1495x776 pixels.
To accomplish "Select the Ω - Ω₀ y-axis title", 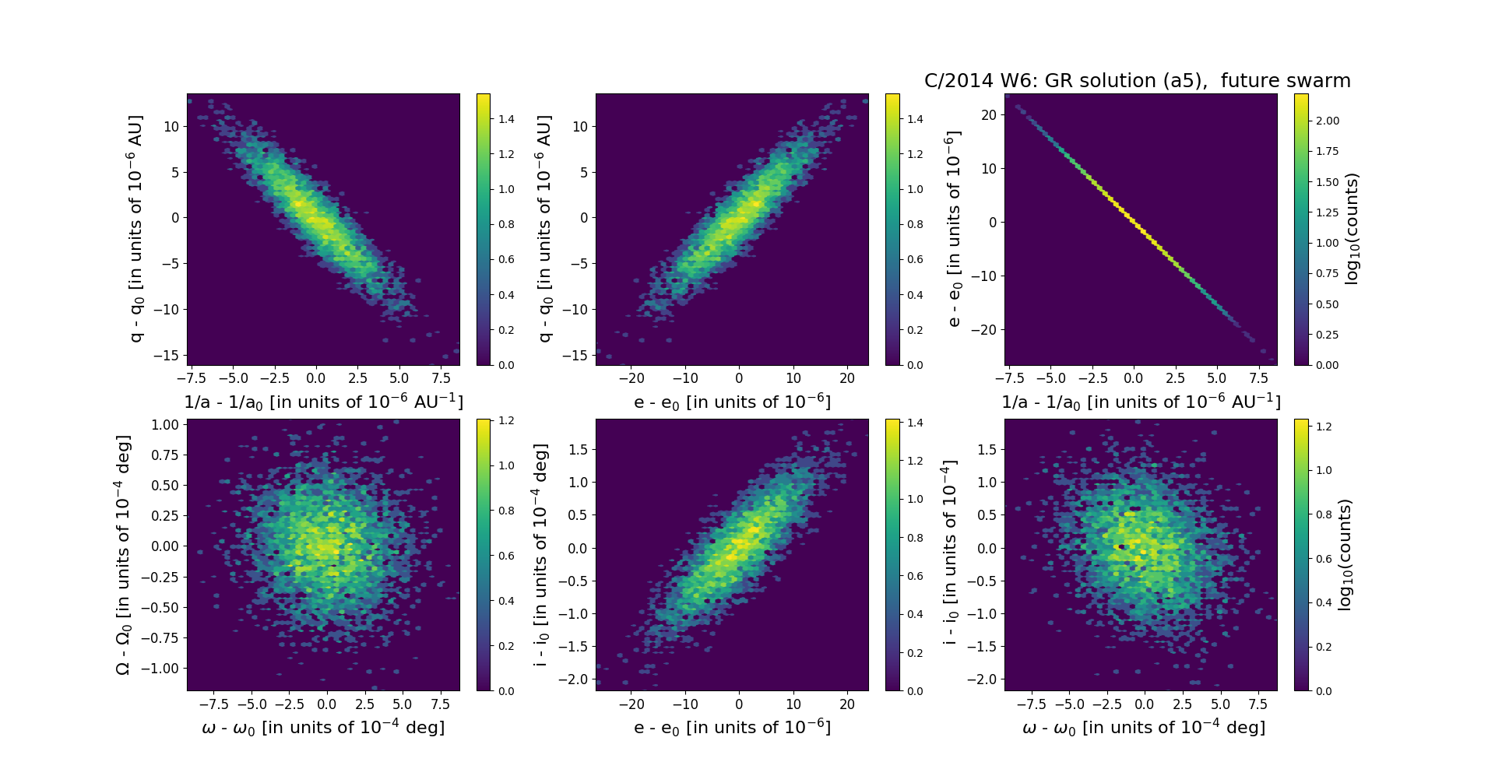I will [123, 555].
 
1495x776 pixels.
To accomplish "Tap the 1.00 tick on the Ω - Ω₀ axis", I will [165, 425].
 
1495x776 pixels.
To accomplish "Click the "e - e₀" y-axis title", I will [953, 229].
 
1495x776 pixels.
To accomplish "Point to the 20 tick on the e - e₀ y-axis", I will [988, 115].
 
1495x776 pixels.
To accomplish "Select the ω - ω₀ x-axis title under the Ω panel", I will [323, 727].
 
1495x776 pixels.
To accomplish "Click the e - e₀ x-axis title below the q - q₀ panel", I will [732, 402].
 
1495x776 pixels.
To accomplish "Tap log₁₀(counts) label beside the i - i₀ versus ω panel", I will [1345, 554].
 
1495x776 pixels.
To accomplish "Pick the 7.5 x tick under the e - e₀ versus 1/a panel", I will [1258, 378].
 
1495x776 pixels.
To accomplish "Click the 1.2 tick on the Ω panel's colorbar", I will [506, 421].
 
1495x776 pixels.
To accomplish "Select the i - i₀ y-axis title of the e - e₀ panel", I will [542, 555].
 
